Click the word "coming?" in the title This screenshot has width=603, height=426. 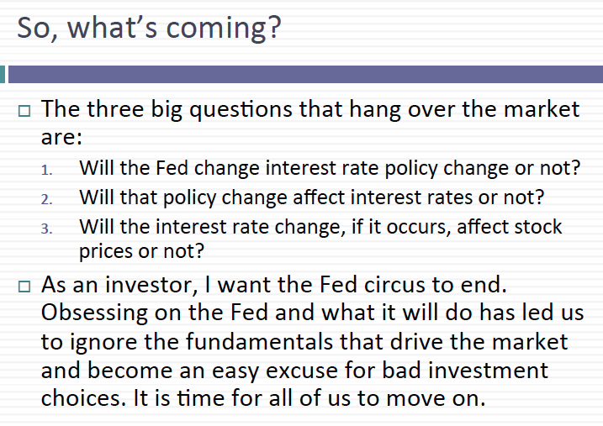pyautogui.click(x=224, y=29)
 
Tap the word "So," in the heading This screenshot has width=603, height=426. pyautogui.click(x=37, y=28)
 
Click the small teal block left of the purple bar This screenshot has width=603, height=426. pyautogui.click(x=3, y=74)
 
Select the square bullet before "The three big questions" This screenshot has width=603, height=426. pyautogui.click(x=24, y=111)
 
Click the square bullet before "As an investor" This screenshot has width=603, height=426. pyautogui.click(x=24, y=287)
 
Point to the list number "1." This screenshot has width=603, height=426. pyautogui.click(x=46, y=170)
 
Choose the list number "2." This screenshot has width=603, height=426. pyautogui.click(x=46, y=199)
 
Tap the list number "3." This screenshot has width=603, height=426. pyautogui.click(x=46, y=229)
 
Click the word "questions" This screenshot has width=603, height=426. pyautogui.click(x=241, y=110)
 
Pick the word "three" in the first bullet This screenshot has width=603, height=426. pyautogui.click(x=115, y=108)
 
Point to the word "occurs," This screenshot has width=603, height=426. pyautogui.click(x=419, y=228)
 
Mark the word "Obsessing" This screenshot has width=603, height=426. pyautogui.click(x=94, y=313)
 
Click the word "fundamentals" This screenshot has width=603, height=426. pyautogui.click(x=259, y=341)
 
